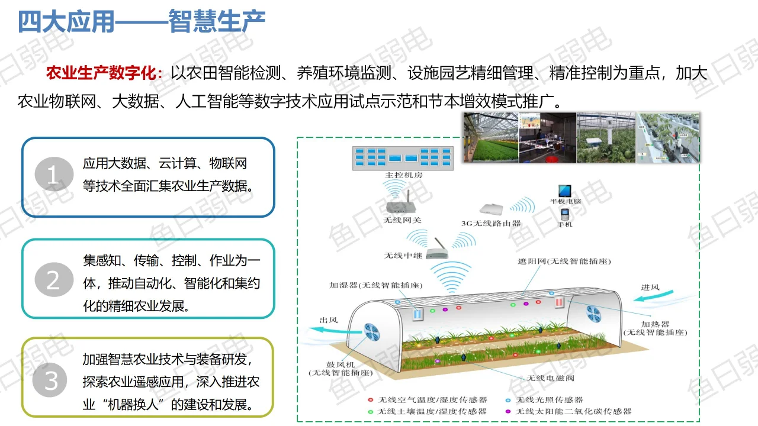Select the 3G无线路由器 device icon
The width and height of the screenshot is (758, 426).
(491, 209)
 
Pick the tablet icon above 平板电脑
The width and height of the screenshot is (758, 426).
(565, 191)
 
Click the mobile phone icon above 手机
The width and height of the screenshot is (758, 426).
(565, 214)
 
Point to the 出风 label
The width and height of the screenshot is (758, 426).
(329, 320)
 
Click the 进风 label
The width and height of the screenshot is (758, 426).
(650, 288)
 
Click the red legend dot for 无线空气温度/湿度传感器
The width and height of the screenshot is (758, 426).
(370, 400)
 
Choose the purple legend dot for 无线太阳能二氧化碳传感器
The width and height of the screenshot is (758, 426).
(508, 411)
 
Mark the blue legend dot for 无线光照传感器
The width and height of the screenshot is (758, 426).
(508, 400)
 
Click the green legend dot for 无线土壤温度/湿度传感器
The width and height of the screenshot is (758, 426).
(370, 411)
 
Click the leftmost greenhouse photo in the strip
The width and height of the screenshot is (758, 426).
(491, 138)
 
